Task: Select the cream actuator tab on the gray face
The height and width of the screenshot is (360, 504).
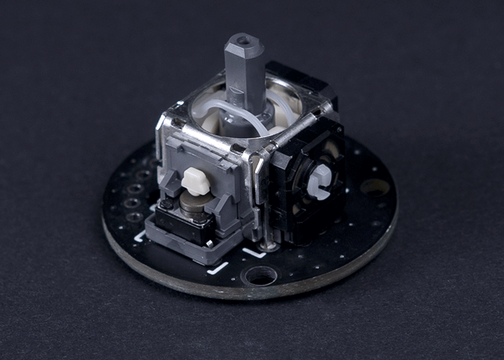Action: [196, 181]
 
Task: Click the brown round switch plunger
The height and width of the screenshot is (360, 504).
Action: [193, 204]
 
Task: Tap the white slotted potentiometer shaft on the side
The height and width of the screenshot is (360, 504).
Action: [320, 182]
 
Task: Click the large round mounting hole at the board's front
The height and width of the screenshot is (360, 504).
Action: [260, 276]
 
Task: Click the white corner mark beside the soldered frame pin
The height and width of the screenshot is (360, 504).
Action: [254, 252]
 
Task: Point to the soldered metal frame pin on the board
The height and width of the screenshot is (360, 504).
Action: [268, 246]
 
